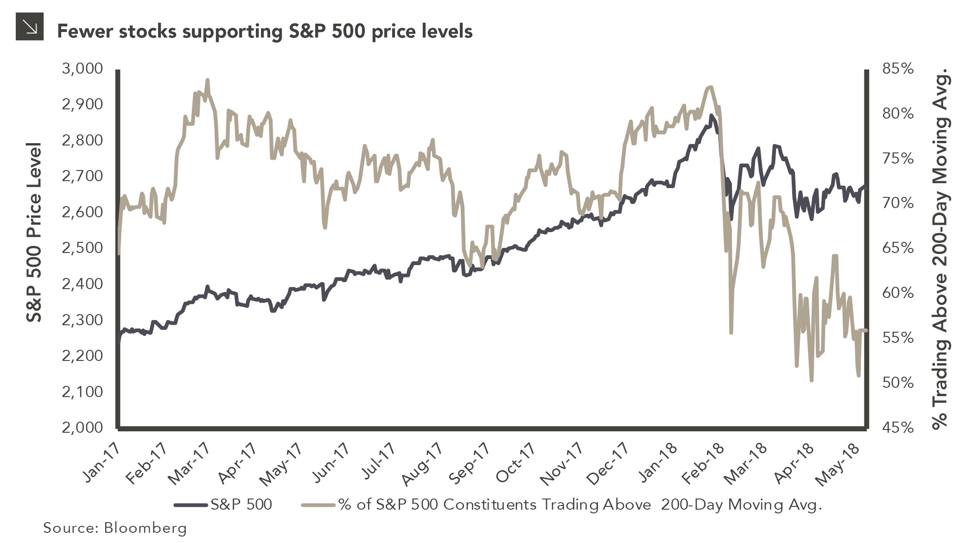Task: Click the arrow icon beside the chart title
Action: coord(30,27)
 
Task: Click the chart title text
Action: coord(264,32)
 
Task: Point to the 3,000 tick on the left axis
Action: coord(82,69)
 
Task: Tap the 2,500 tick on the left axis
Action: coord(82,248)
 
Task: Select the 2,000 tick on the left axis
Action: coord(82,427)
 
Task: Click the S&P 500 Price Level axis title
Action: coord(34,233)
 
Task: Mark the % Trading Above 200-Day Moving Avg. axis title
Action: coord(941,250)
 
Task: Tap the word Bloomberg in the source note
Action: coord(146,528)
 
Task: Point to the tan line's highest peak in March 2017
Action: coord(208,80)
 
